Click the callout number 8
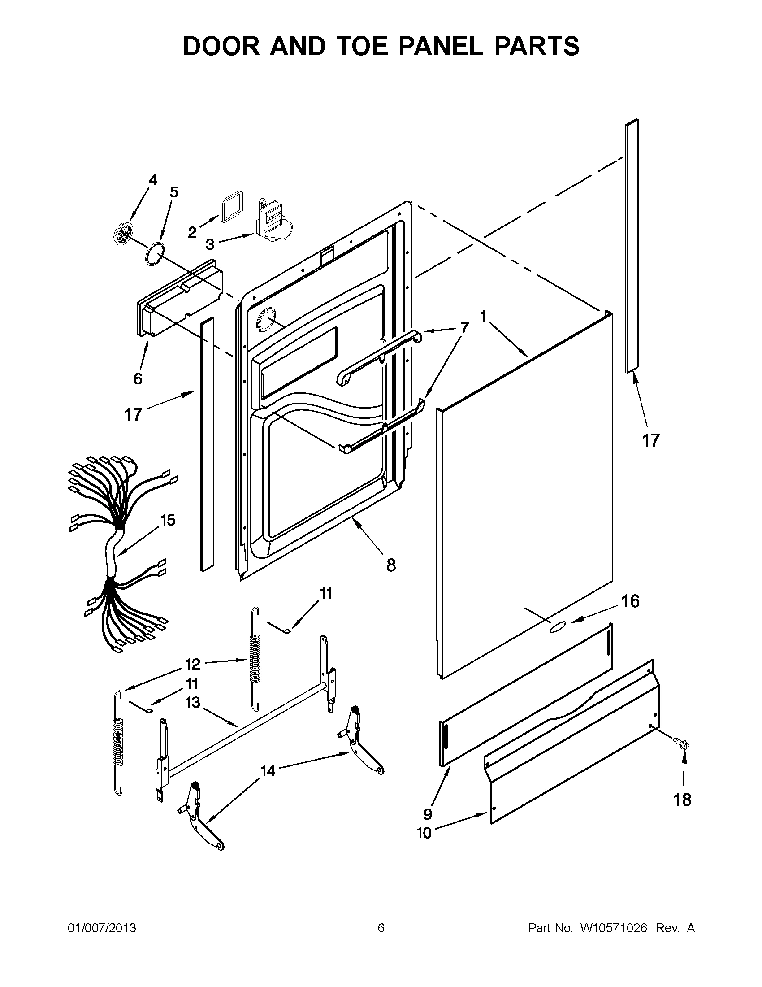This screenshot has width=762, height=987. pyautogui.click(x=391, y=565)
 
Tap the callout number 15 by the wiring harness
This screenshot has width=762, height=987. pyautogui.click(x=168, y=520)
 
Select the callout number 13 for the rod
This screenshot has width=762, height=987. pyautogui.click(x=193, y=702)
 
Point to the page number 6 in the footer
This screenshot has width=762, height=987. pyautogui.click(x=381, y=928)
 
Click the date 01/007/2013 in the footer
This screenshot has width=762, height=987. pyautogui.click(x=102, y=928)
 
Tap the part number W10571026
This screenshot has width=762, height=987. pyautogui.click(x=613, y=928)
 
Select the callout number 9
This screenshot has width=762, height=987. pyautogui.click(x=427, y=814)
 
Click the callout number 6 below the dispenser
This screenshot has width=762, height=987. pyautogui.click(x=138, y=378)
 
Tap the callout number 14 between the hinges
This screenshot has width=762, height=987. pyautogui.click(x=268, y=770)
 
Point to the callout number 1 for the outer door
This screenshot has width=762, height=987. pyautogui.click(x=483, y=316)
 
